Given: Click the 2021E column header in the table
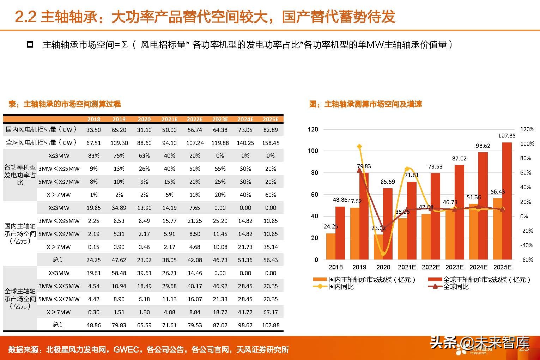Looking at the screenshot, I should coord(169,119).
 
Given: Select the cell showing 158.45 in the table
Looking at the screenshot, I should coord(271,143).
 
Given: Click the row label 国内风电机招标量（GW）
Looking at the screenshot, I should coord(41,129).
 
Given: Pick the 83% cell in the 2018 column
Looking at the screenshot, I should coord(93,155).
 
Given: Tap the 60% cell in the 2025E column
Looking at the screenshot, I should coord(271,195).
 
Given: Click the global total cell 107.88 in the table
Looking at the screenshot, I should coord(271,325).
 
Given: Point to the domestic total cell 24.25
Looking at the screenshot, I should coord(93,260).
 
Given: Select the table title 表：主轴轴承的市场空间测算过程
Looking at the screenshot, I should coord(65,104).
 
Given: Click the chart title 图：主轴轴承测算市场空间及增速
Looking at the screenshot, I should coord(365,104).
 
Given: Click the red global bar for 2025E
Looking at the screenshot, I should coord(507,201).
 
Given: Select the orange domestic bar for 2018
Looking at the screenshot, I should coord(331,246).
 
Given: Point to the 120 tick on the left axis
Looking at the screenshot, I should coord(313,129).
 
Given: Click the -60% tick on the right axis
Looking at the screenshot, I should coord(527,260).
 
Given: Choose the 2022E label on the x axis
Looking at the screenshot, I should coord(431,267).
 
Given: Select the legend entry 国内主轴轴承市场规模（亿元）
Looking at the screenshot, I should coord(372,280).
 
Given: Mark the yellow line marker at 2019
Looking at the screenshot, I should coord(359,146).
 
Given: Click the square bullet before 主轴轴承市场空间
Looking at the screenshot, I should coord(30,45).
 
